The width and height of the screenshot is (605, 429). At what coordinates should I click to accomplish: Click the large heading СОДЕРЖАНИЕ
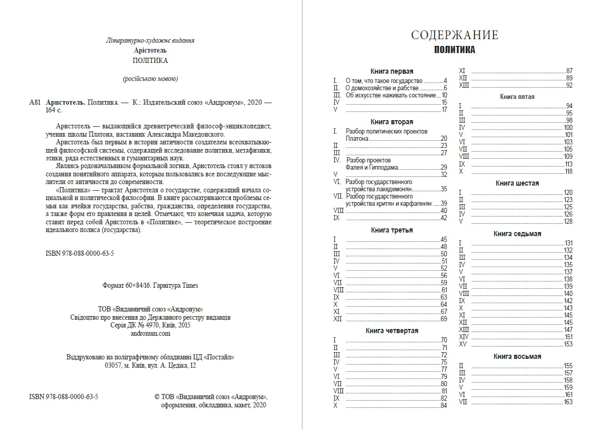454,35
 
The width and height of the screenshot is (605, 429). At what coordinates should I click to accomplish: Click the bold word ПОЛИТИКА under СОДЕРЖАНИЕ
454,51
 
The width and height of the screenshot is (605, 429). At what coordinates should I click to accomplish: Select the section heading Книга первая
391,71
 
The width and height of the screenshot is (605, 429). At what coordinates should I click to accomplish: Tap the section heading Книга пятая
517,96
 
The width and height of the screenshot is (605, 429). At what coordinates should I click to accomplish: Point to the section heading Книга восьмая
517,356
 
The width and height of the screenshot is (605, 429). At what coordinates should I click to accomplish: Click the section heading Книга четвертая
391,331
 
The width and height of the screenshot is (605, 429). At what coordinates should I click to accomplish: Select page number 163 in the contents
568,402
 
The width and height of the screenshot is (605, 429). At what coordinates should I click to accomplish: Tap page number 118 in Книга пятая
568,171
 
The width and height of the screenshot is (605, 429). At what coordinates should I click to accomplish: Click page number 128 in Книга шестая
568,221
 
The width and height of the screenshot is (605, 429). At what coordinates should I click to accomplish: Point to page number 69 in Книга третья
444,319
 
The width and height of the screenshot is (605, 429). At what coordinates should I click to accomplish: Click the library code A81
35,102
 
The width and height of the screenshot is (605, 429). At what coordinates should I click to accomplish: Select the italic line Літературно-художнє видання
150,40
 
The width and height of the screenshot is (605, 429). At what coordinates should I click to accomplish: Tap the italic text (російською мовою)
150,79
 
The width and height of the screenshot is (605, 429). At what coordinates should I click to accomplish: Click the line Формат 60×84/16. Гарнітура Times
150,285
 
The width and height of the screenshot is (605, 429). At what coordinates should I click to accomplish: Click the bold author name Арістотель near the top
150,50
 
